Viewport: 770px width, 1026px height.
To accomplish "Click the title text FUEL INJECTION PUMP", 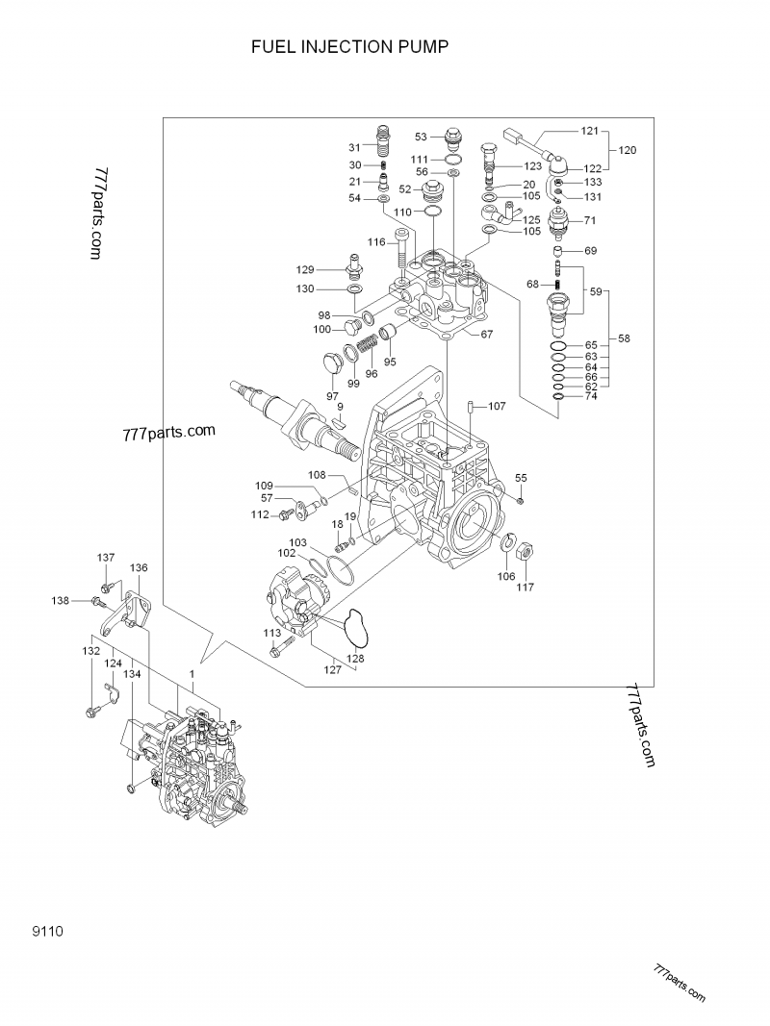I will click(350, 46).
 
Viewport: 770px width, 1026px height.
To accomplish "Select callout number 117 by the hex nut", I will click(526, 587).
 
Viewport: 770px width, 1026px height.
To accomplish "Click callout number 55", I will click(521, 478).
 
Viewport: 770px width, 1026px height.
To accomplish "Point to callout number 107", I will click(496, 407).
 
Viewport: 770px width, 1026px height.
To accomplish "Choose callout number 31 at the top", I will click(355, 147).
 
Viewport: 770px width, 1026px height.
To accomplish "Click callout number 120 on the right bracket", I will click(627, 151).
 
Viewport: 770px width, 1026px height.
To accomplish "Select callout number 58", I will click(625, 338).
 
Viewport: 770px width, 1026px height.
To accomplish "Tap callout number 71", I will click(591, 221).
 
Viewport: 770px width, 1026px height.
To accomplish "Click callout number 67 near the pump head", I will click(487, 335).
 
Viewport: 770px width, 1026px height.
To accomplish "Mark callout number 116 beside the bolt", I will click(375, 241).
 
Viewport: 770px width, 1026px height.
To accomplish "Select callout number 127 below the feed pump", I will click(332, 670).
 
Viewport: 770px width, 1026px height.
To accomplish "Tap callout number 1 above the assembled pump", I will click(192, 675).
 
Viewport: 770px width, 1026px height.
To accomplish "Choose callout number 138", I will click(61, 600).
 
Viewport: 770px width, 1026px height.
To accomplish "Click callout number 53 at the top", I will click(421, 137).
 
